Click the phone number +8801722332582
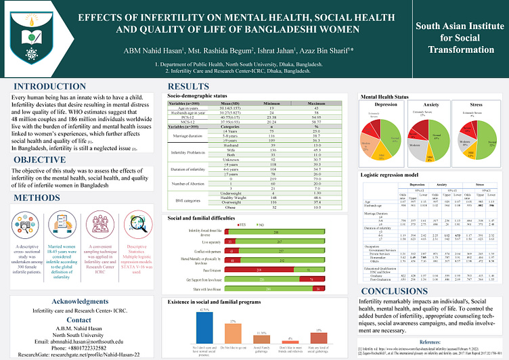[81, 338]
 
